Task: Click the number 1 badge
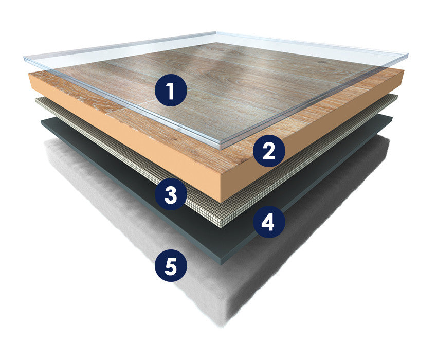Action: click(171, 91)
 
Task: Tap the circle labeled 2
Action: click(269, 151)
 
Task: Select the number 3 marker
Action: click(171, 194)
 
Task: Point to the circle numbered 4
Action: click(269, 222)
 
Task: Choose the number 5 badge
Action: click(171, 266)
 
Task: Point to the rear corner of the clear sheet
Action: click(216, 33)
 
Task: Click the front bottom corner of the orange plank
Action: click(221, 202)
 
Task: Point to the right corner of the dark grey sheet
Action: click(392, 118)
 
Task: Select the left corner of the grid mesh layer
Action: click(36, 100)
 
